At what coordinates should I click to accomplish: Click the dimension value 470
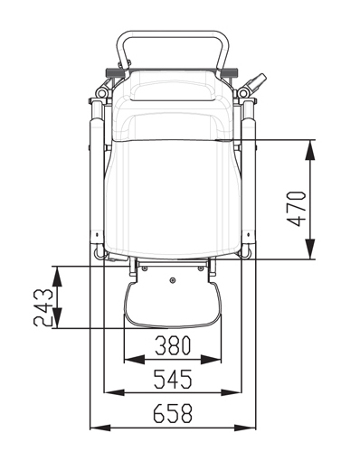coord(297,209)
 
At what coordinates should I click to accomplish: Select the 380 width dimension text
coord(173,345)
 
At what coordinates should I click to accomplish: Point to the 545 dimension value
coord(173,379)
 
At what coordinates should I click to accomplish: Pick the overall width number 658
coord(173,413)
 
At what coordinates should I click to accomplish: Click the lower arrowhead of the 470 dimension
coord(310,249)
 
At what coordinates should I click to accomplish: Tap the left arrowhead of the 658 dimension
coord(100,428)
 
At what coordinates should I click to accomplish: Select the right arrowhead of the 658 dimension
coord(245,428)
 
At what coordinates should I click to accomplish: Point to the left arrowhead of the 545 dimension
coord(114,392)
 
